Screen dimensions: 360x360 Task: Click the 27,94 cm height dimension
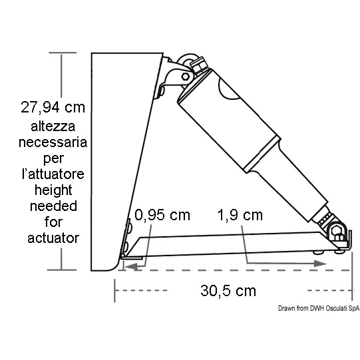point(53,107)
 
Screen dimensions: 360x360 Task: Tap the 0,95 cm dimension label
point(162,215)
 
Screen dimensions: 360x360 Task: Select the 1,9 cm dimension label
point(240,215)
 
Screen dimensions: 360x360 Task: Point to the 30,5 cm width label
point(228,291)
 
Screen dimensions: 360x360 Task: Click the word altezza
point(53,126)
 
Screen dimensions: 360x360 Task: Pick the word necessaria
point(53,142)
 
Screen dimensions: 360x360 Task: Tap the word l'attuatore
point(53,174)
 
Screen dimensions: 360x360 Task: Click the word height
point(53,191)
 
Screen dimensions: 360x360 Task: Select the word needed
point(53,206)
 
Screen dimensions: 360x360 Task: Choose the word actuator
point(53,238)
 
